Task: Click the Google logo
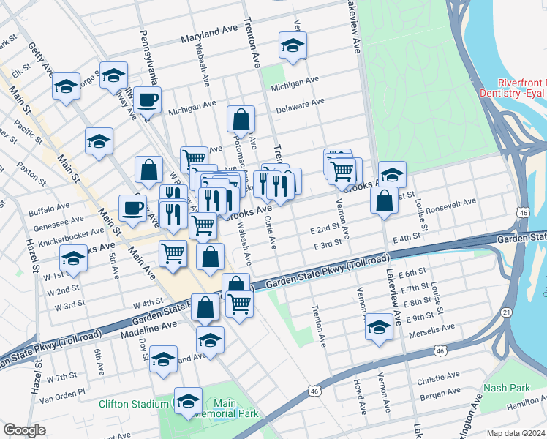[x=24, y=429]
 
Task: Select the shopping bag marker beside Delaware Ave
[x=241, y=119]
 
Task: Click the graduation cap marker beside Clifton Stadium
[x=188, y=399]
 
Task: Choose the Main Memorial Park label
[x=235, y=408]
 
